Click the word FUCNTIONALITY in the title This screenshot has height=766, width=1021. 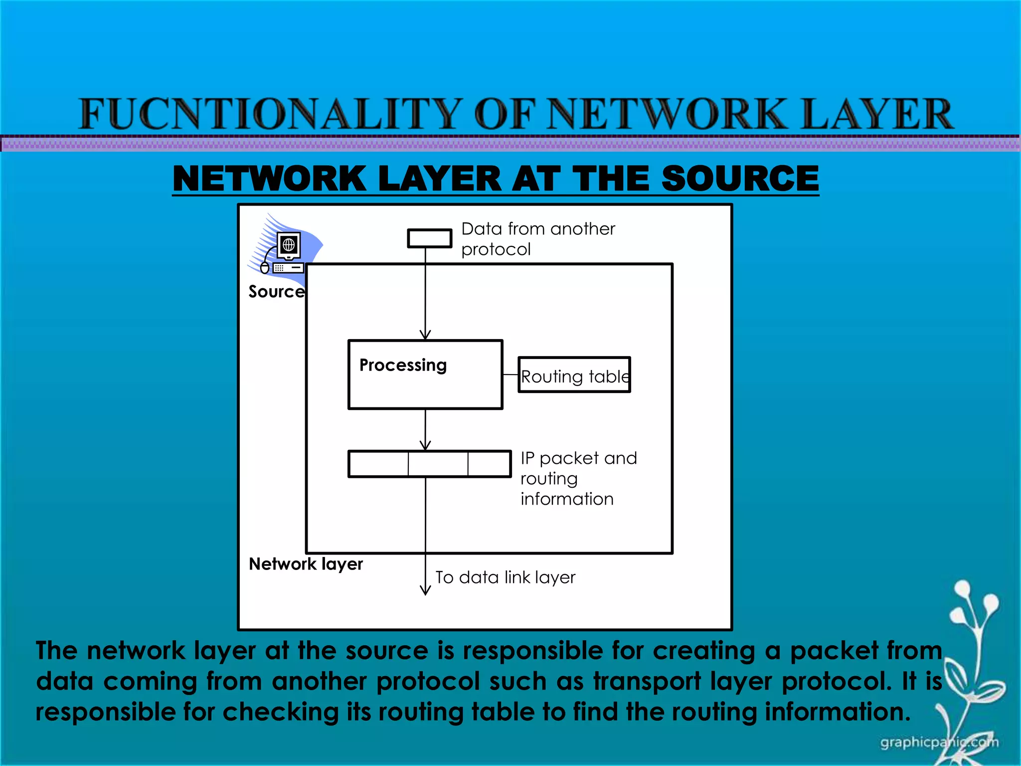pos(269,114)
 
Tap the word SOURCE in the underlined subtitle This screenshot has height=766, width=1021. pos(740,179)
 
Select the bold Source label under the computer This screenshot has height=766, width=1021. pos(276,292)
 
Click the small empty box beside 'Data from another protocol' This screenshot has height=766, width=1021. pos(429,238)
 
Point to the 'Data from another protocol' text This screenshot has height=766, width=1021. pos(537,238)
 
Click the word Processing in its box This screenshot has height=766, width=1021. pos(403,365)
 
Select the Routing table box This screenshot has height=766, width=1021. pos(574,375)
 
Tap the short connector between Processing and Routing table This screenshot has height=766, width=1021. pos(510,375)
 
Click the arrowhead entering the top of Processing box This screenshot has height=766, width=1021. pos(425,335)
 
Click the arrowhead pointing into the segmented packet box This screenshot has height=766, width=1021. pos(425,445)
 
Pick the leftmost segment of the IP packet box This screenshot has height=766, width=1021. pos(378,464)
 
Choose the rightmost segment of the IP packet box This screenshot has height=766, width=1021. pos(489,464)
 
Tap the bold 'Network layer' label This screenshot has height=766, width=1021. pos(306,564)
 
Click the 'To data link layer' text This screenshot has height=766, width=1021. pos(505,577)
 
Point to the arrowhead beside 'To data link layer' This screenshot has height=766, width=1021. pos(425,590)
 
